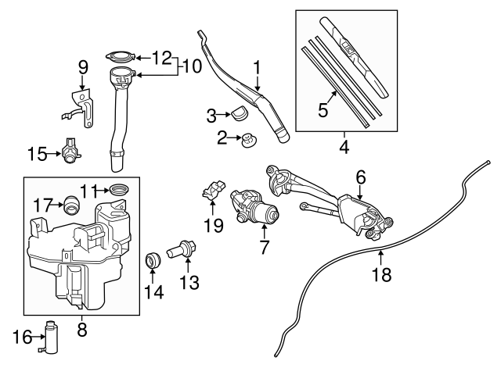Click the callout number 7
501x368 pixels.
pyautogui.click(x=264, y=248)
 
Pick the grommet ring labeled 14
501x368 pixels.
pyautogui.click(x=154, y=259)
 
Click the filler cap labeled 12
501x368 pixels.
pyautogui.click(x=120, y=57)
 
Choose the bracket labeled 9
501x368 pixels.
pyautogui.click(x=80, y=109)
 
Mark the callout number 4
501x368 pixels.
pyautogui.click(x=341, y=146)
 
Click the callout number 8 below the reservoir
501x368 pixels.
pyautogui.click(x=82, y=329)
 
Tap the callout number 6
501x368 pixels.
pyautogui.click(x=360, y=177)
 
